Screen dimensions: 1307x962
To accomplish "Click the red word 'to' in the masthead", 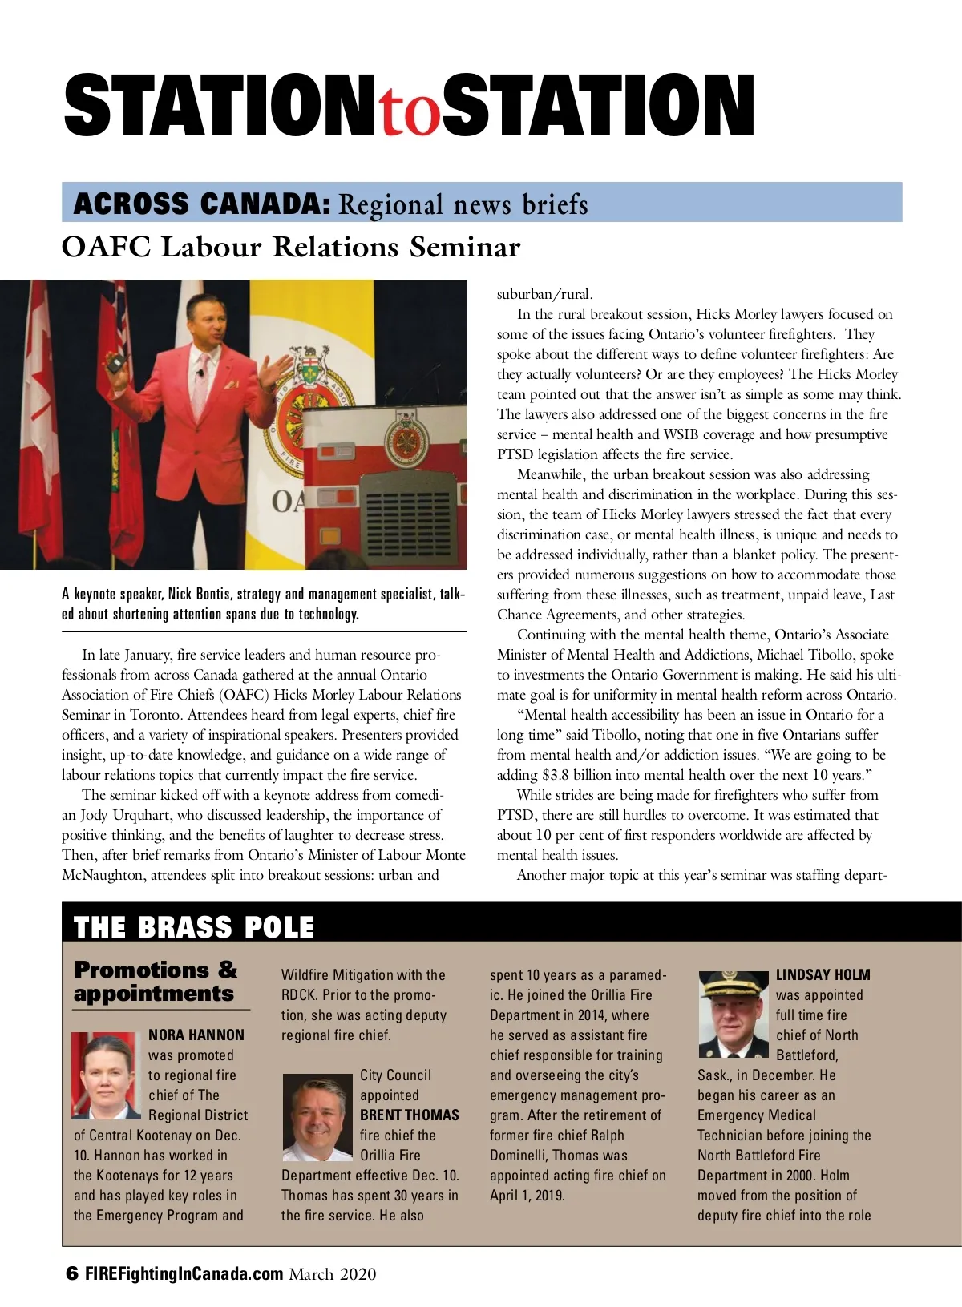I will coord(410,112).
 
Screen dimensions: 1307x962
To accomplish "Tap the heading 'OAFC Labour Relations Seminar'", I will coord(291,247).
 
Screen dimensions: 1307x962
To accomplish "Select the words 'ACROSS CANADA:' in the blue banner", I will coord(202,204).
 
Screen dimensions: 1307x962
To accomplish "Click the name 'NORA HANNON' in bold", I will coord(196,1035).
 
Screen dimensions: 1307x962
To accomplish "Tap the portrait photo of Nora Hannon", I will coord(106,1075).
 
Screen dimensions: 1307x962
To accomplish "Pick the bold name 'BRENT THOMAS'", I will coord(410,1115).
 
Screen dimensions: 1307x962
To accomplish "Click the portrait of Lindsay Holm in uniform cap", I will coord(733,1014).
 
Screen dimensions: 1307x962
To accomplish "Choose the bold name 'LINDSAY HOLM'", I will coord(823,974).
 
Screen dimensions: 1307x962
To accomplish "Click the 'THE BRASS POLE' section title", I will coord(194,927).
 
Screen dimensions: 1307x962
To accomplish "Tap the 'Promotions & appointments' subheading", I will coord(156,982).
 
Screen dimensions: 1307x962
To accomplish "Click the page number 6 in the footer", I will coord(72,1273).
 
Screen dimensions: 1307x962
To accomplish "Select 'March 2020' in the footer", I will coord(333,1273).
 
